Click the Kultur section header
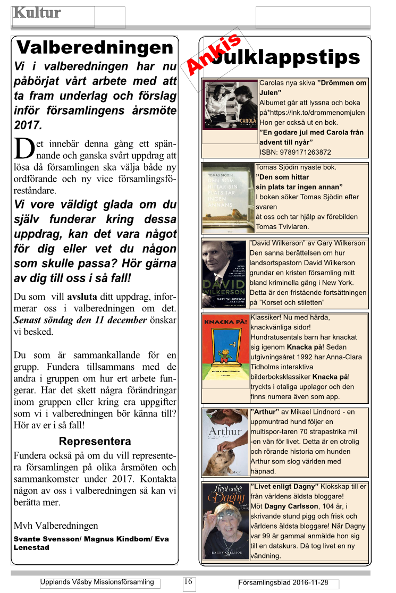pos(37,13)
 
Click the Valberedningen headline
pos(95,48)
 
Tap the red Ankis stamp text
pos(213,54)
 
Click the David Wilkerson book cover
pos(224,274)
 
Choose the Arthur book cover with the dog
pos(225,442)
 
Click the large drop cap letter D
pos(23,149)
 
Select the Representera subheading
pos(95,441)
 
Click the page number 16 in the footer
pos(188,581)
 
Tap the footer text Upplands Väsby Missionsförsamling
pos(97,582)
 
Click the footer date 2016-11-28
pos(310,582)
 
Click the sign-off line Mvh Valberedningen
pos(56,526)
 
